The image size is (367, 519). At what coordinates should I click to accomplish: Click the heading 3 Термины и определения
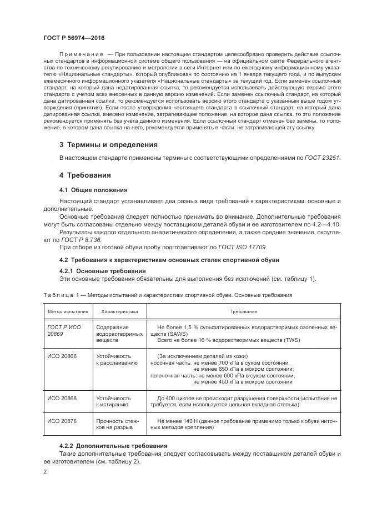coord(108,145)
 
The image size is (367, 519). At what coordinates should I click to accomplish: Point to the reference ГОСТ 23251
coord(322,158)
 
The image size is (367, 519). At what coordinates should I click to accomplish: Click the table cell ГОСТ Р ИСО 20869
coord(64,331)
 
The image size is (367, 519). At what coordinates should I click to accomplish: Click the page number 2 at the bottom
coord(45,472)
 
